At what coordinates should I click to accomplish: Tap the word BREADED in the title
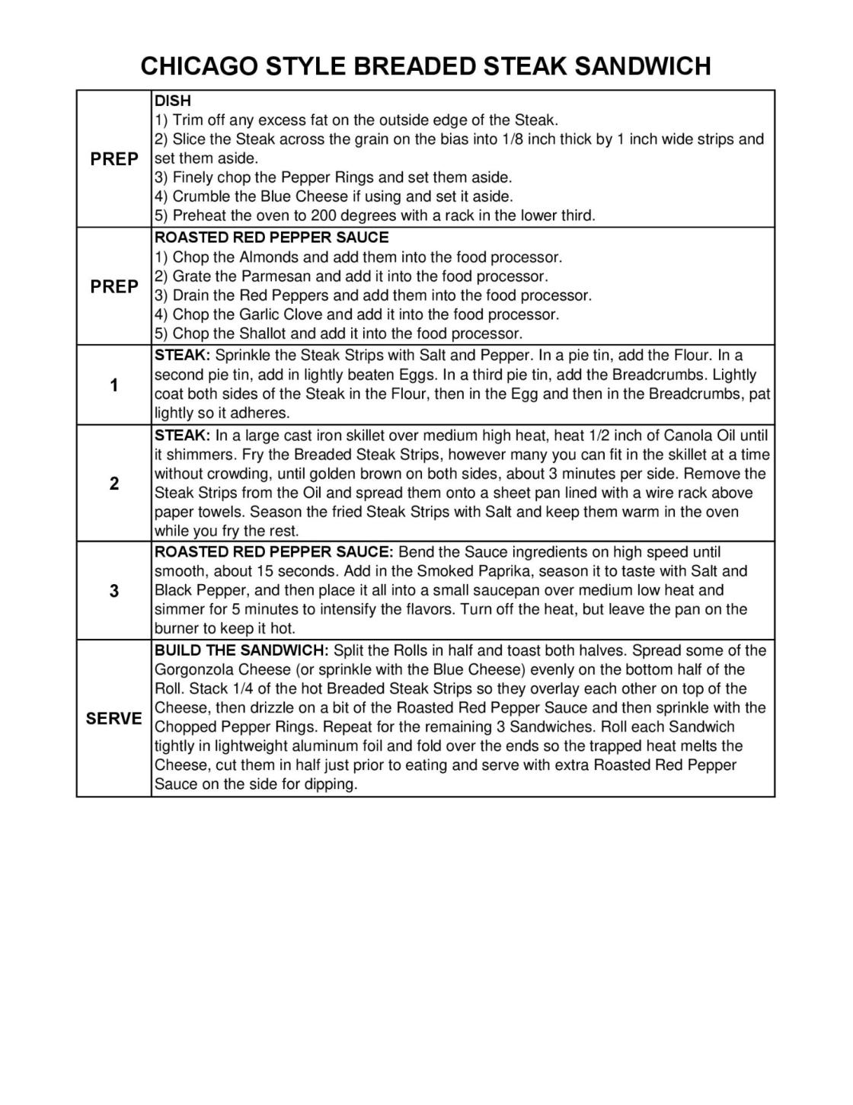coord(407,66)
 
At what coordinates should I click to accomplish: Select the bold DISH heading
coord(173,101)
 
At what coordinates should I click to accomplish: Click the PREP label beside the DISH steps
coord(114,159)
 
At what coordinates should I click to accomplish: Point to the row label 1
coord(114,385)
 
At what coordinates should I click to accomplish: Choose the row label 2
coord(114,484)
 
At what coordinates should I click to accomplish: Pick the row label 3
coord(114,591)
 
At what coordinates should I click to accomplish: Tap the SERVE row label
coord(114,718)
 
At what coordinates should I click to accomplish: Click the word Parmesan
coord(276,276)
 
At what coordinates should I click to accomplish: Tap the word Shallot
coord(264,334)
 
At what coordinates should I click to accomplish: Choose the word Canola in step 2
coord(687,436)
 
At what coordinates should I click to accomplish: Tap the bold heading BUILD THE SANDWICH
coord(241,650)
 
